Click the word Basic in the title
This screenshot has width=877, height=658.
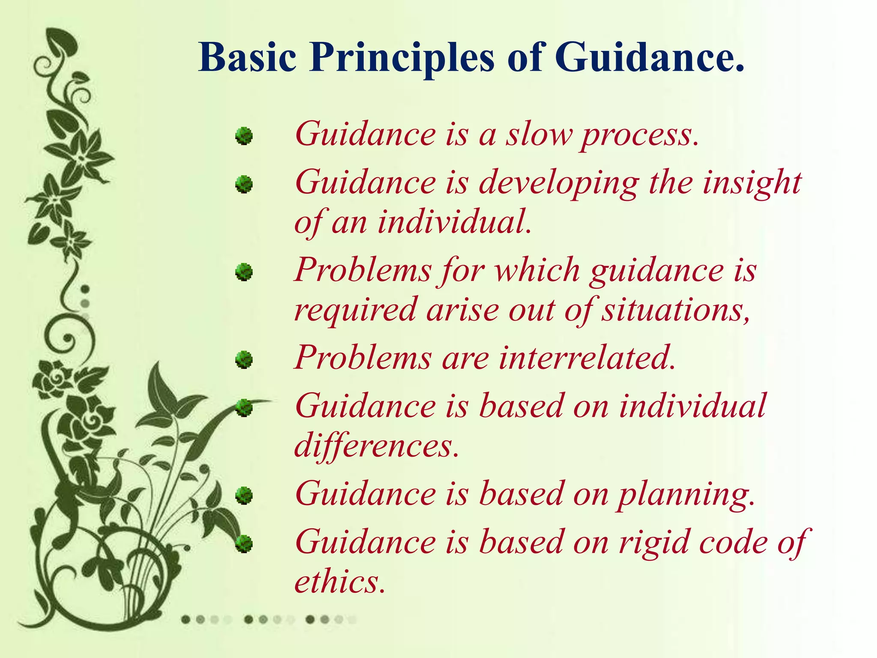247,58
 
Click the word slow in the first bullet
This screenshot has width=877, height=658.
540,135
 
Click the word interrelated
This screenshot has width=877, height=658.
587,358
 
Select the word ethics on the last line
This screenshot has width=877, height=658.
340,583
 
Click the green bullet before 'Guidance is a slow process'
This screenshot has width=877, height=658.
244,136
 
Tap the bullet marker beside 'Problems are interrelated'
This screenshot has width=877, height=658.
244,360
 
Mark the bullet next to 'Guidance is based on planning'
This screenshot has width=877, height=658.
244,496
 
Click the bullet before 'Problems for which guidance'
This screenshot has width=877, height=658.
244,272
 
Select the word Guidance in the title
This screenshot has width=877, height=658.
649,58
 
